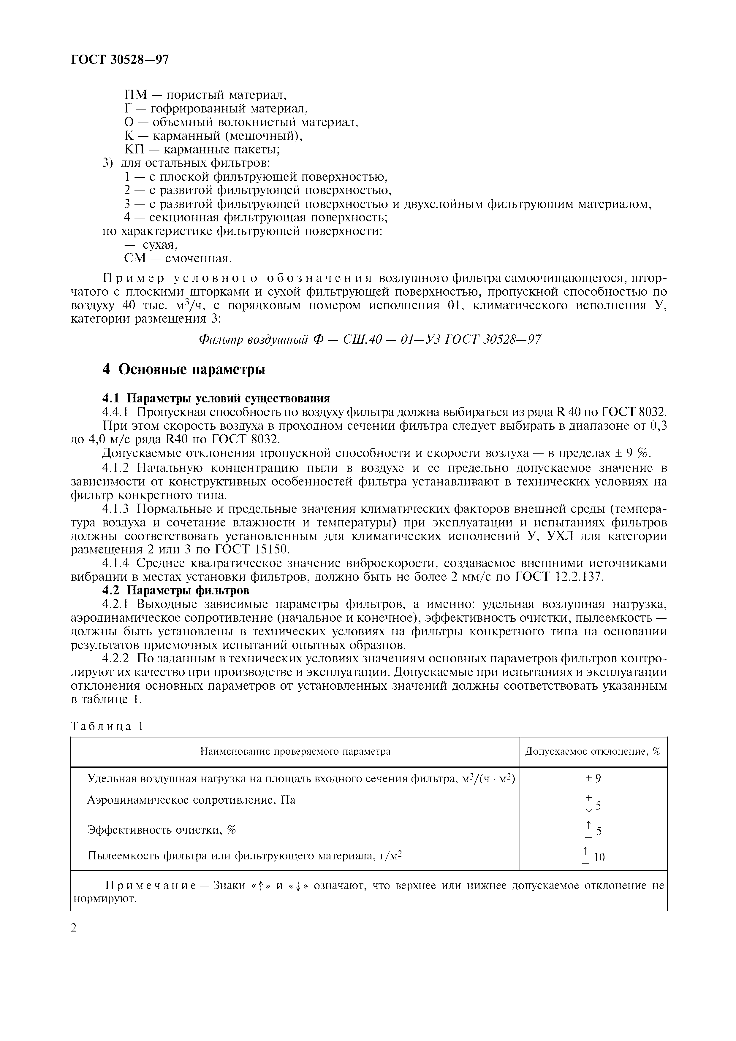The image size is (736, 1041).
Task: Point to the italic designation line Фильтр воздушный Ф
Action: pos(370,339)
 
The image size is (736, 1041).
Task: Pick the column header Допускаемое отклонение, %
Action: pos(593,751)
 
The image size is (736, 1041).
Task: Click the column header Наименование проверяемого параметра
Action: pos(295,751)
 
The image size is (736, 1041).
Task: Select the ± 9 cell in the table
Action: pos(593,778)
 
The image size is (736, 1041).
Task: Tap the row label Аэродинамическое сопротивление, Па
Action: pos(191,800)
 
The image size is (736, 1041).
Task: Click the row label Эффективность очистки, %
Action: pos(162,830)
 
